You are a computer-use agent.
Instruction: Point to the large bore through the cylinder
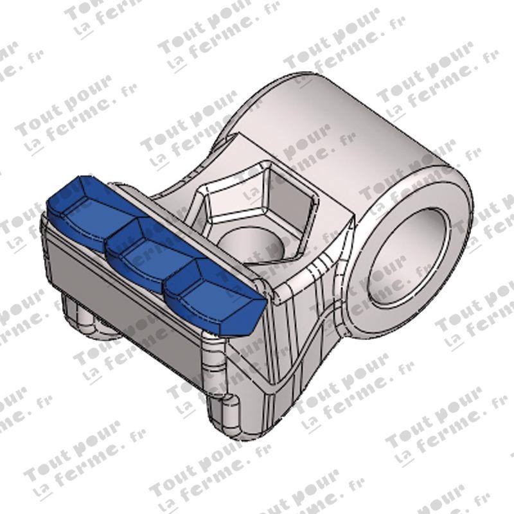408,260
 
